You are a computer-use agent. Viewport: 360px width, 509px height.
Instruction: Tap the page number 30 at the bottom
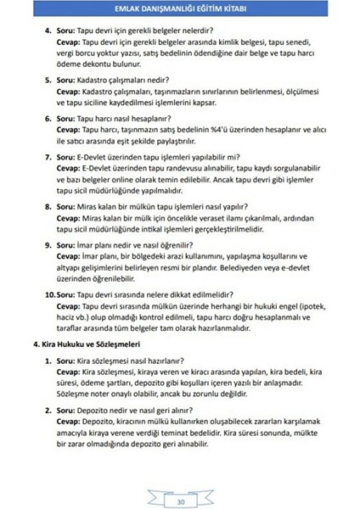pyautogui.click(x=180, y=501)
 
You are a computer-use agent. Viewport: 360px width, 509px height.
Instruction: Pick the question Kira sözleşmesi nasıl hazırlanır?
pyautogui.click(x=123, y=361)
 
